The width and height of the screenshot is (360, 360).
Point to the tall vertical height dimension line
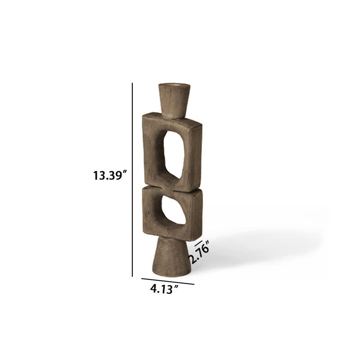[133, 180]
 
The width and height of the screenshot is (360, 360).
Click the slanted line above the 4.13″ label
[167, 281]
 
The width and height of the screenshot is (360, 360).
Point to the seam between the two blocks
[173, 187]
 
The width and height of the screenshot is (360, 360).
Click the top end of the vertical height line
[133, 84]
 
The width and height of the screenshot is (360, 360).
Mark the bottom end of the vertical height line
[133, 276]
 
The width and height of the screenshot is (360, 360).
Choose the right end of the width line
[193, 284]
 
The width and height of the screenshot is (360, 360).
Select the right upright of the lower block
[194, 214]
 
